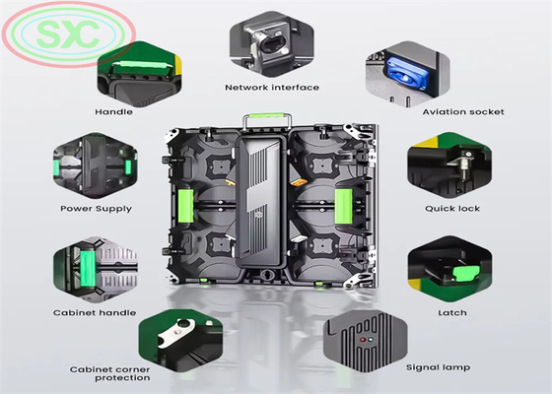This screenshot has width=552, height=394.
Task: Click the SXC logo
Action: click(x=69, y=34)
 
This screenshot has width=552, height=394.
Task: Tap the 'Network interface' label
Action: click(x=272, y=88)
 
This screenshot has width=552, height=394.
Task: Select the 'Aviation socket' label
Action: click(x=463, y=112)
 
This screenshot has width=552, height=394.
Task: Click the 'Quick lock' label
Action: click(x=452, y=209)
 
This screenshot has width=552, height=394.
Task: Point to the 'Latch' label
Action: click(x=452, y=313)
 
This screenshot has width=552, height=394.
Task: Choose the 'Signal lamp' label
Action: click(x=439, y=367)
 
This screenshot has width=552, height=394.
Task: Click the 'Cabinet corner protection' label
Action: click(x=109, y=373)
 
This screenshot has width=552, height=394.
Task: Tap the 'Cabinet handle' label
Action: click(x=95, y=313)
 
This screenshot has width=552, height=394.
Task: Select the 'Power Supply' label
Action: click(x=97, y=209)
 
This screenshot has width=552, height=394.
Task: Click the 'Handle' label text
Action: click(x=113, y=112)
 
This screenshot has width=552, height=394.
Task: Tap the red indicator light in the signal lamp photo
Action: click(x=363, y=340)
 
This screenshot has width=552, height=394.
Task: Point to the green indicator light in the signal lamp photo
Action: click(x=371, y=340)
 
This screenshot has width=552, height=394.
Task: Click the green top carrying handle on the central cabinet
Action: click(x=266, y=115)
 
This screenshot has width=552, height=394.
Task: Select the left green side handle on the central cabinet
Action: click(x=186, y=206)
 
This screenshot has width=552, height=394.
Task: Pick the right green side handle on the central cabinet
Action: click(x=343, y=206)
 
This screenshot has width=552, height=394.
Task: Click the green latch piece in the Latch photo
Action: click(x=466, y=274)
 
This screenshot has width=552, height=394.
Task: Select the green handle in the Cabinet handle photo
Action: click(x=88, y=269)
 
